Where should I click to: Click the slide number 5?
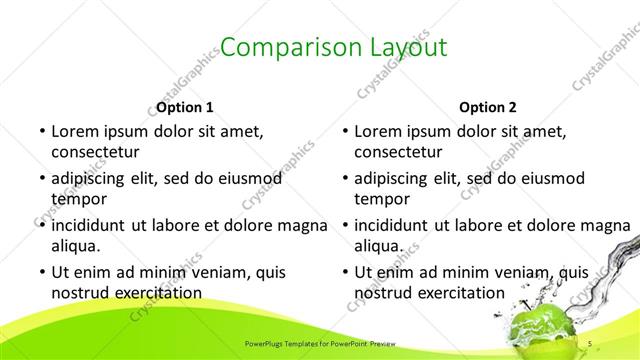click(590, 344)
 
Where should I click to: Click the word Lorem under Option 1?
click(75, 131)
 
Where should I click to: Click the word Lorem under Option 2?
click(378, 131)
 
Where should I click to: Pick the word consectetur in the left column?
click(95, 152)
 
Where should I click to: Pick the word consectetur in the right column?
click(398, 152)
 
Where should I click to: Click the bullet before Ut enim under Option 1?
click(41, 271)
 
